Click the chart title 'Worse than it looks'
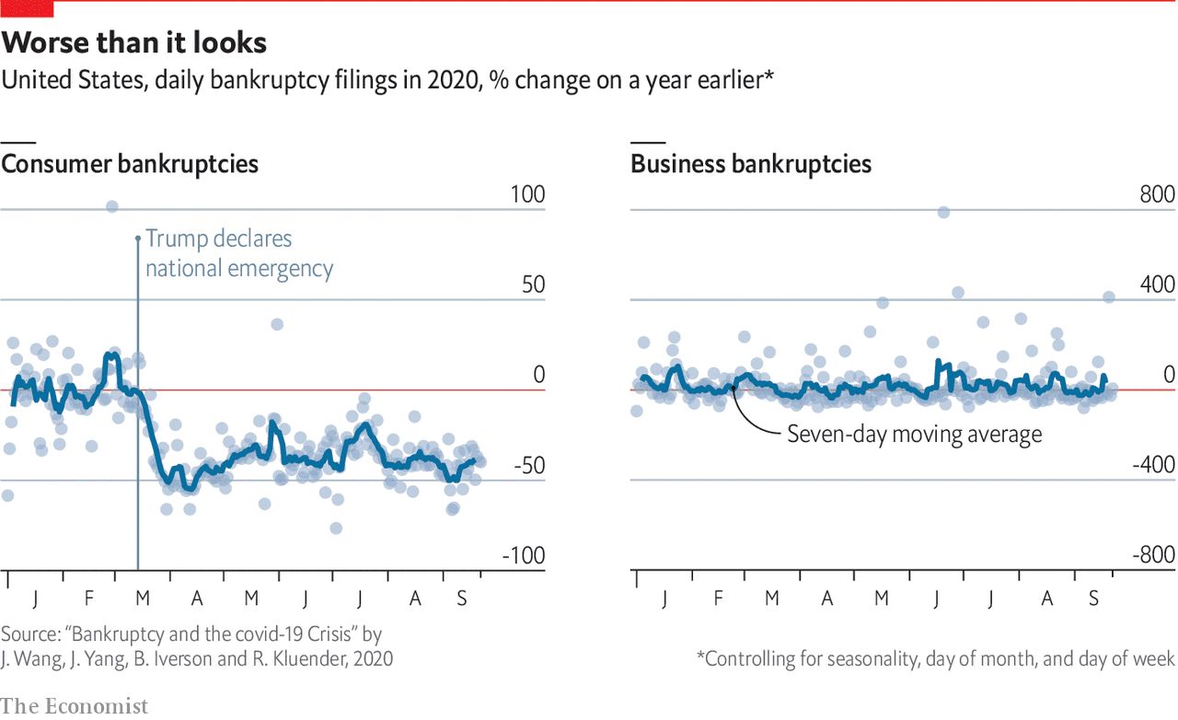click(x=134, y=43)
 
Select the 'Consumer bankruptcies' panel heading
click(x=130, y=165)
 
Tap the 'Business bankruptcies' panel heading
click(x=751, y=165)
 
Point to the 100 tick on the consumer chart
click(x=528, y=195)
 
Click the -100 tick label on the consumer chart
click(x=523, y=556)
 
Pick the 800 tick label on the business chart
click(x=1158, y=195)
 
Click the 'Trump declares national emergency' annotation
click(x=238, y=253)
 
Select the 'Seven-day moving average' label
click(x=914, y=434)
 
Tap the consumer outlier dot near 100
click(x=111, y=206)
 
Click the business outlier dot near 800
click(x=943, y=213)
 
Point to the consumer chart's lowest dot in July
click(x=336, y=528)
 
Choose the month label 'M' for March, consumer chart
click(x=142, y=599)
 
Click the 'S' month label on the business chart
click(x=1093, y=599)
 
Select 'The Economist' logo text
click(x=75, y=706)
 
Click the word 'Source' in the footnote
click(x=28, y=635)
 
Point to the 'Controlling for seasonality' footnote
click(x=935, y=658)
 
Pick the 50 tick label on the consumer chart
click(x=533, y=285)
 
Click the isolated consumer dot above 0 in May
click(x=276, y=324)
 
